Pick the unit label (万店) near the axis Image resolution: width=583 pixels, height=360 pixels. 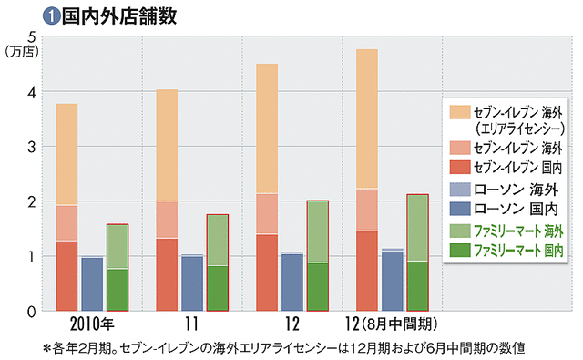pyautogui.click(x=19, y=52)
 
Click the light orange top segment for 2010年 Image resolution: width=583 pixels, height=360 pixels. pyautogui.click(x=66, y=154)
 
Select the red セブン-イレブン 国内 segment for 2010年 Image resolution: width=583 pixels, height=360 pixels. pyautogui.click(x=66, y=275)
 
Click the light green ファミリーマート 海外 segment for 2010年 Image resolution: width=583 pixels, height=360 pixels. pyautogui.click(x=118, y=246)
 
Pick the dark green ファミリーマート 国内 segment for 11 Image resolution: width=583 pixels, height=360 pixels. pyautogui.click(x=217, y=288)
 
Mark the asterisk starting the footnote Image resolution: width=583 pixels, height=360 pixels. pyautogui.click(x=46, y=348)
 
